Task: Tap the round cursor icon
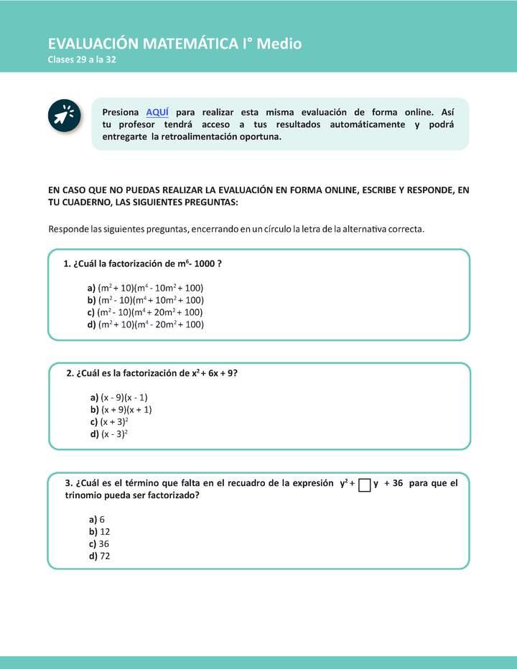click(x=63, y=116)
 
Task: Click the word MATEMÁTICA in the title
click(x=192, y=44)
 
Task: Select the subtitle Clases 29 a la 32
click(x=82, y=60)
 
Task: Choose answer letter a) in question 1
click(x=91, y=288)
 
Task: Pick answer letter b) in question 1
click(x=91, y=300)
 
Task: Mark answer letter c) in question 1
click(x=91, y=312)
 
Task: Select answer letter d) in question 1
click(x=91, y=324)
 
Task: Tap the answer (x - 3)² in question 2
click(x=113, y=434)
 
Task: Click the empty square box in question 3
click(x=364, y=485)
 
